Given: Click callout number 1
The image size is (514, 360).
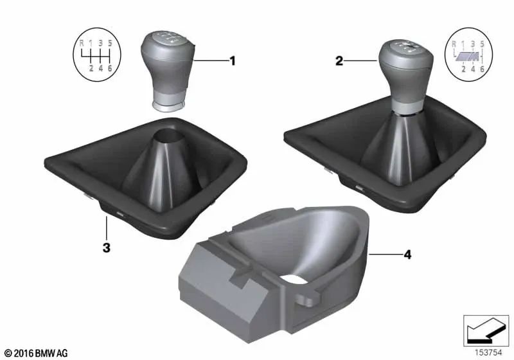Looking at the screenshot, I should click(x=233, y=61).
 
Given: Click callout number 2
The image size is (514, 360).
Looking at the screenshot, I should click(x=339, y=62).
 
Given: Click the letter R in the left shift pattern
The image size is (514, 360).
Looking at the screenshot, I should click(x=81, y=44).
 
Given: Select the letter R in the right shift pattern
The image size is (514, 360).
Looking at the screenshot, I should click(x=454, y=44).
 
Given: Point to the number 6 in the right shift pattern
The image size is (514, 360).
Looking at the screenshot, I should click(x=482, y=67).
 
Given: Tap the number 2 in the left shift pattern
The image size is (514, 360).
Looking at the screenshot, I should click(x=91, y=67).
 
